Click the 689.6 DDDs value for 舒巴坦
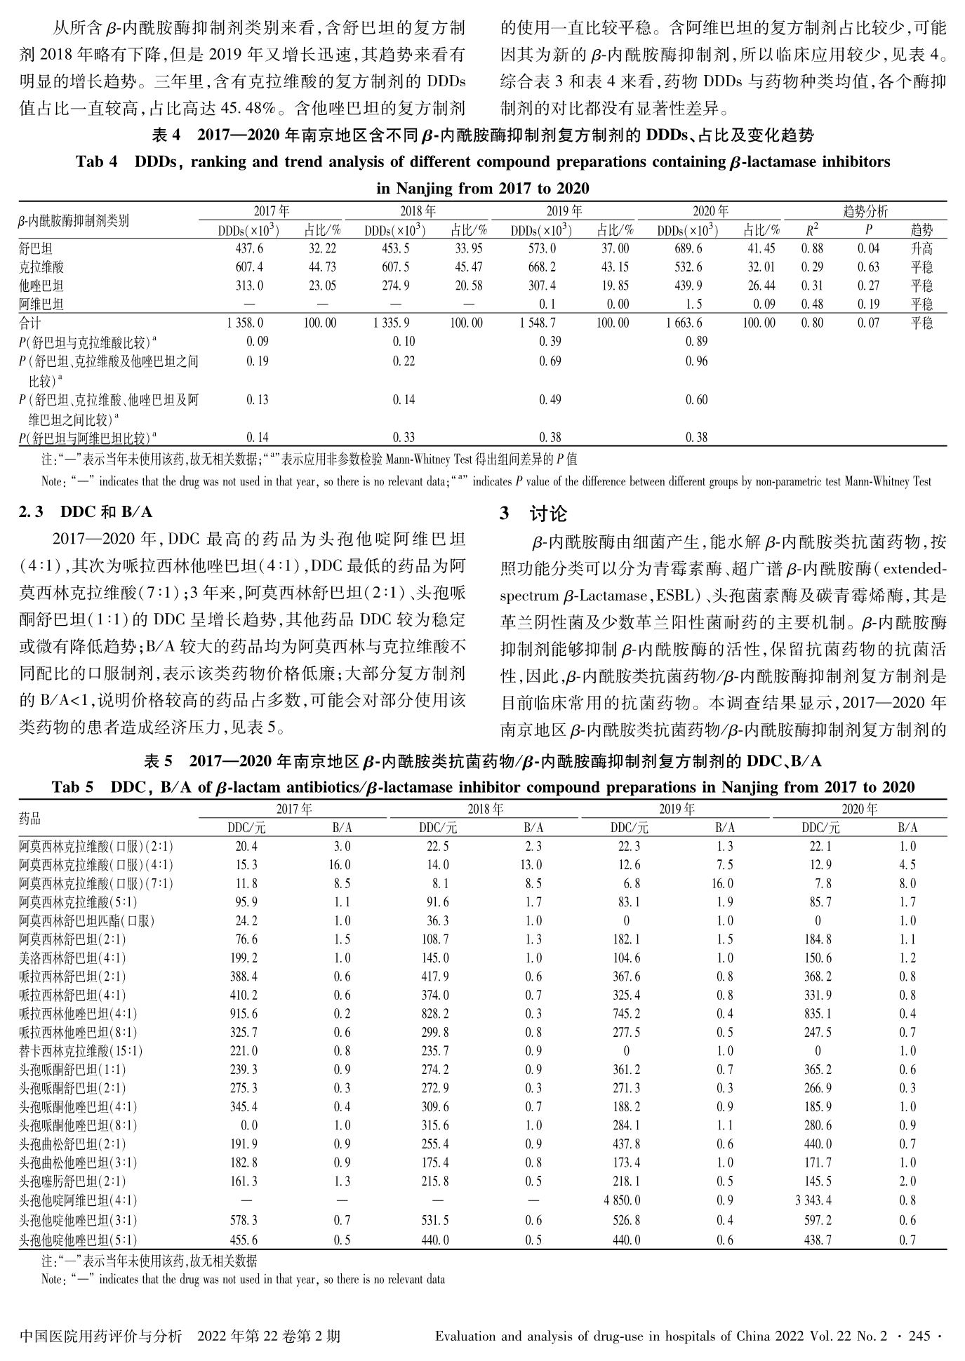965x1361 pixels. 686,248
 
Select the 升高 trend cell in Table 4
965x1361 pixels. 921,248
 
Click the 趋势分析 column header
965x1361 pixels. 865,211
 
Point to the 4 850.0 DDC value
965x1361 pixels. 621,1200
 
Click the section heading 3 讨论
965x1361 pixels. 533,514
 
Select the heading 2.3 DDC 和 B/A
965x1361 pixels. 85,512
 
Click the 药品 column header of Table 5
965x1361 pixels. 29,819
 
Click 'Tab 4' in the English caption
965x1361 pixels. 96,162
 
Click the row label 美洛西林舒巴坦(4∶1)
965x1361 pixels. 72,958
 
